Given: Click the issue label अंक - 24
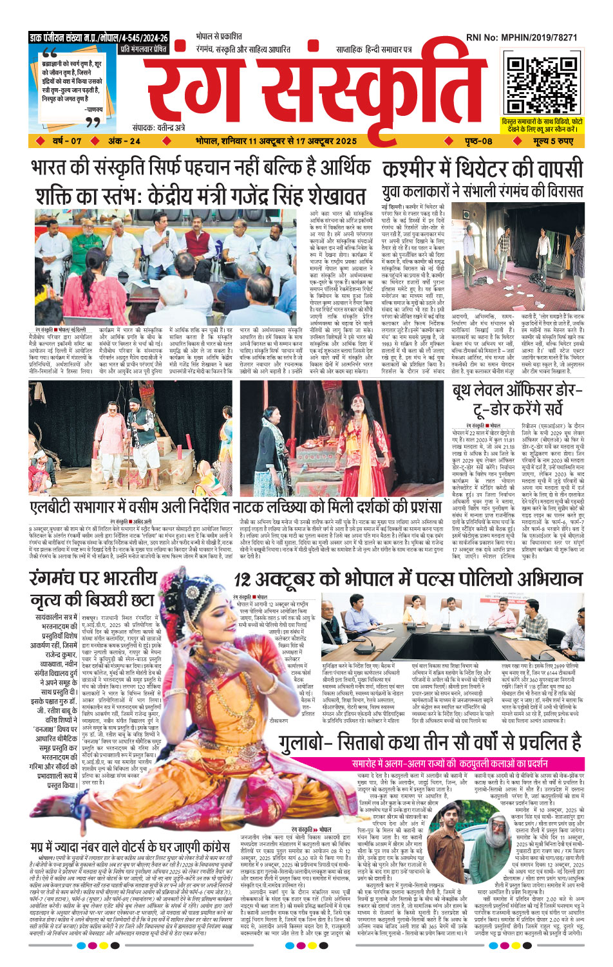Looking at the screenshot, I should pyautogui.click(x=124, y=141).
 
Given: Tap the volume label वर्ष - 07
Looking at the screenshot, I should pyautogui.click(x=68, y=141).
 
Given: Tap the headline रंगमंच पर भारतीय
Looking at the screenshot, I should pyautogui.click(x=93, y=579).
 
